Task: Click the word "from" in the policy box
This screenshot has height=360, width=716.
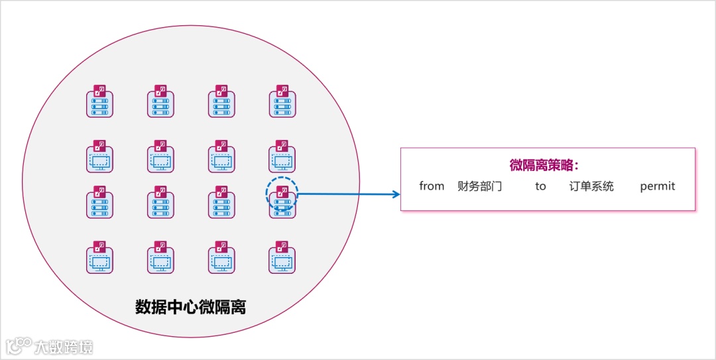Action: point(432,186)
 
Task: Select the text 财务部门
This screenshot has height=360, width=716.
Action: point(480,186)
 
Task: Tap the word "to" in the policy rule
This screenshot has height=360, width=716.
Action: point(540,186)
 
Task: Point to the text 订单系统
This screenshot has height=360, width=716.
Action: point(591,186)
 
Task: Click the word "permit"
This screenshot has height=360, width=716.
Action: point(658,186)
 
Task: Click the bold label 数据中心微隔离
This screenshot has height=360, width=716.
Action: point(191,307)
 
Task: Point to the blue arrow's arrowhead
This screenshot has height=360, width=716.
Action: point(396,194)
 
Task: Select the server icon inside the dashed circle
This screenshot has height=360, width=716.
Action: point(282,204)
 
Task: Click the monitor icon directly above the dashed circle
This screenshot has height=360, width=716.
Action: point(282,158)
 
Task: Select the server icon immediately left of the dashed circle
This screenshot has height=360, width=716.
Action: point(221,204)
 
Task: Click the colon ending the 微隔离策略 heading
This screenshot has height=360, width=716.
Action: point(577,166)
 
